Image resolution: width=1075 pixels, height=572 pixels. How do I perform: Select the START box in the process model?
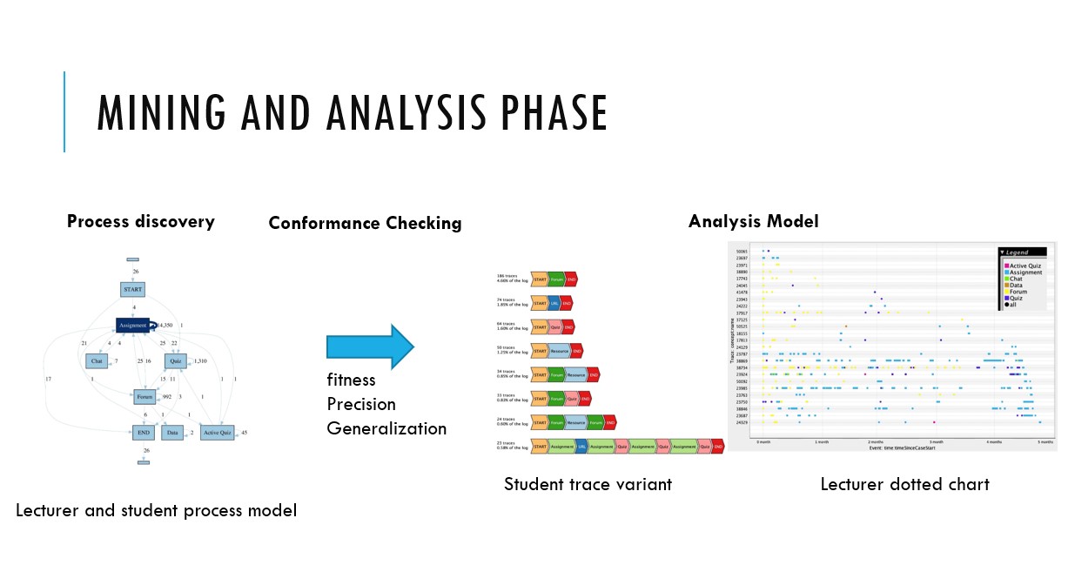(132, 289)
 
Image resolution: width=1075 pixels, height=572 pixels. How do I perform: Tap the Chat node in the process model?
(97, 360)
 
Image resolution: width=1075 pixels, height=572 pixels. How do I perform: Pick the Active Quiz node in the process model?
(217, 432)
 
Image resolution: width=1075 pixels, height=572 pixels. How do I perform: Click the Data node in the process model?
(171, 432)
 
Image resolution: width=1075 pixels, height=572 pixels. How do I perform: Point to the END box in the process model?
(144, 432)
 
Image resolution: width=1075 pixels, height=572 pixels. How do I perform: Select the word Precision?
(361, 404)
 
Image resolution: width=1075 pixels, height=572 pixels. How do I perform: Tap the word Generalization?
(386, 428)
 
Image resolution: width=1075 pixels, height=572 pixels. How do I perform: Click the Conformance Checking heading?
(365, 223)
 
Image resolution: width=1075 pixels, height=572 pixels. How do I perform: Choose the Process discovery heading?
(141, 221)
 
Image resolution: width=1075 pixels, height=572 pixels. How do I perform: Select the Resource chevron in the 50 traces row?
(560, 351)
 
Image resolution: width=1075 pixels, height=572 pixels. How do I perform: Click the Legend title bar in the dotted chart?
(1022, 252)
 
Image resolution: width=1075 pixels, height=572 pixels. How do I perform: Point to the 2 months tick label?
(876, 442)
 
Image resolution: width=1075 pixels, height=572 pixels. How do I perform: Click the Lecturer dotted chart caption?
(904, 484)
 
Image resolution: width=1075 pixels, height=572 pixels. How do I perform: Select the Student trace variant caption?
(588, 484)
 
